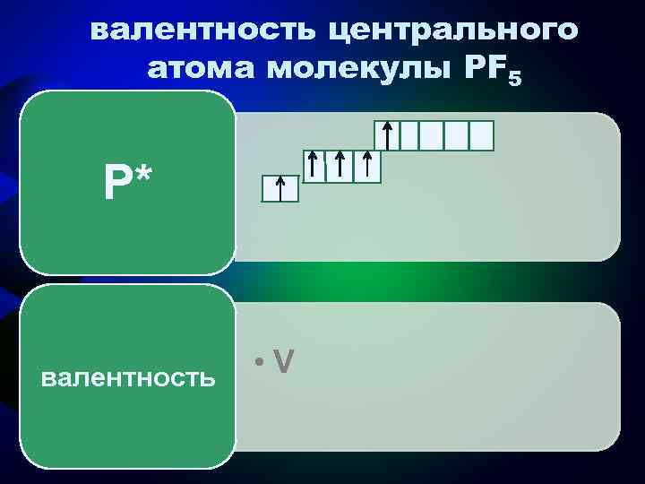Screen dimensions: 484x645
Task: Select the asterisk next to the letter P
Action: pos(143,176)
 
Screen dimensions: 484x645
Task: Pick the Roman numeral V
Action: pos(284,360)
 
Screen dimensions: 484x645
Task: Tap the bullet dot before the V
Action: pos(258,362)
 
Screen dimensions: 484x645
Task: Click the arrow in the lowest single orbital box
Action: pos(280,189)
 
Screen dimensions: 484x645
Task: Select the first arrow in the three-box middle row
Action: pos(314,167)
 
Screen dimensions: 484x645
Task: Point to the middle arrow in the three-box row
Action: pos(340,167)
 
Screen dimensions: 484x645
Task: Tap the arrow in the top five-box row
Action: pos(387,135)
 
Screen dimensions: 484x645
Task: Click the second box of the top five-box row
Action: pos(410,135)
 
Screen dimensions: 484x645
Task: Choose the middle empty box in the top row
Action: pos(434,135)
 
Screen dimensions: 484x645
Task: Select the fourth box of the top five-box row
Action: pos(457,135)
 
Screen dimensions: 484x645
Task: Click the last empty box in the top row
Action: pos(481,135)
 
